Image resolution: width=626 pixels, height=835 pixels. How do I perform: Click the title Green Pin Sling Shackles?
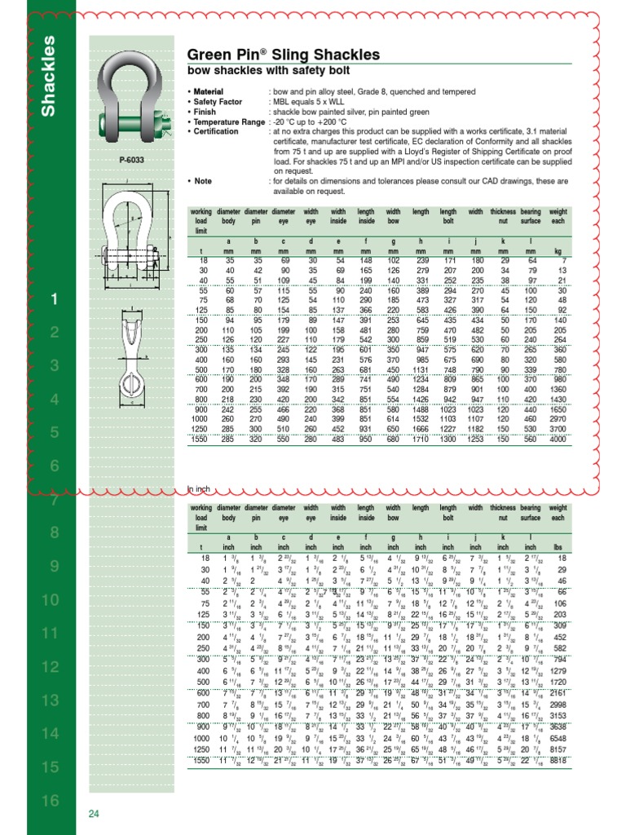coord(283,55)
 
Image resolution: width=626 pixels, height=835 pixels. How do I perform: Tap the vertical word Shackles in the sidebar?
coord(49,75)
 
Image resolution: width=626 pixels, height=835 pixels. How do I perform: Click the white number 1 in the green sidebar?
coord(54,301)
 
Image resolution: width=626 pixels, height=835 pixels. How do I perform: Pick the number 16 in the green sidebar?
coord(50,801)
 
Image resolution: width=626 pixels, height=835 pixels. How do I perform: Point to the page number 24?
coord(95,814)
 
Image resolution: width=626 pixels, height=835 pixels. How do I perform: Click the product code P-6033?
coord(130,161)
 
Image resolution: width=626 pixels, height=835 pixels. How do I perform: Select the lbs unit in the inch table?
coord(558,547)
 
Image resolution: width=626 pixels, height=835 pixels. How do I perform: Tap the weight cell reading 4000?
coord(557,440)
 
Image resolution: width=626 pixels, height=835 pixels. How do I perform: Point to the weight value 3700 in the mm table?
coord(557,428)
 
